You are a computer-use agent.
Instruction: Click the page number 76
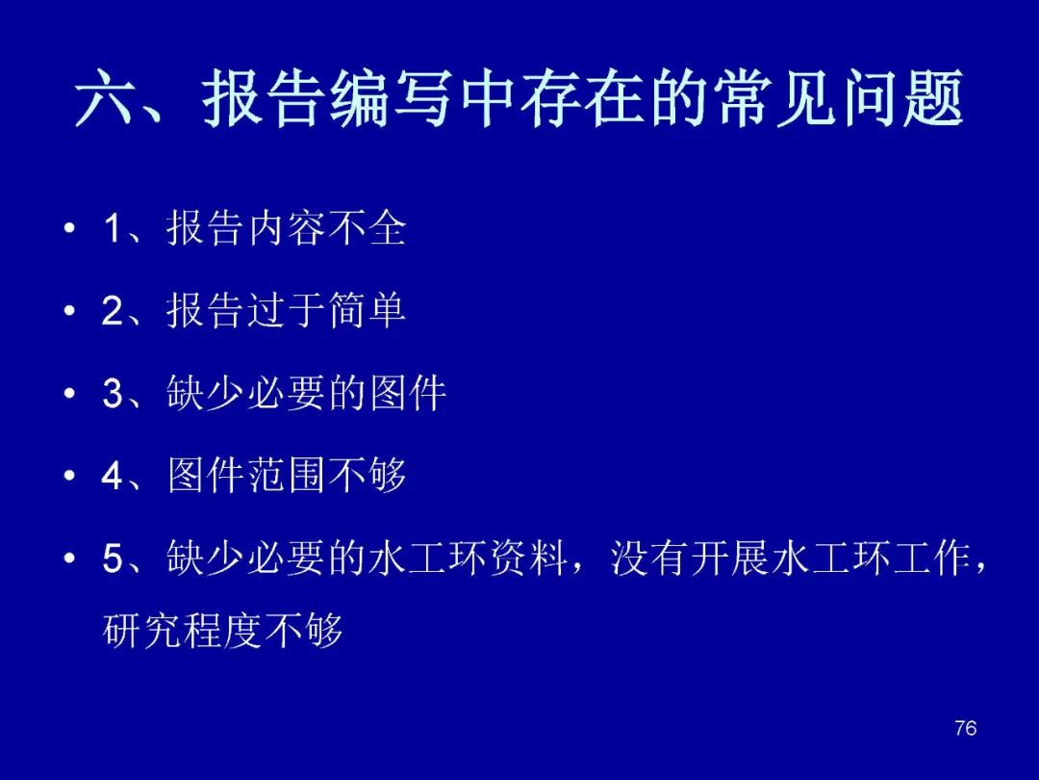tap(966, 728)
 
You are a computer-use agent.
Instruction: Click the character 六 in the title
tap(102, 98)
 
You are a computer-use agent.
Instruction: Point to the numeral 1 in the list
tap(114, 229)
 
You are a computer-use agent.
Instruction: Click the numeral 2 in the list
tap(113, 310)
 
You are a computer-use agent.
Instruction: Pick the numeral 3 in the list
tap(113, 393)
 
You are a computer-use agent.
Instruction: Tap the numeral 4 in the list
tap(113, 475)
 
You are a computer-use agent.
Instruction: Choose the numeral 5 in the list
tap(113, 558)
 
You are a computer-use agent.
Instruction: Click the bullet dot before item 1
tap(69, 229)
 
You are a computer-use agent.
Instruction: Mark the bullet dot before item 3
tap(69, 393)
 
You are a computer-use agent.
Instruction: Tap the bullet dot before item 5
tap(69, 558)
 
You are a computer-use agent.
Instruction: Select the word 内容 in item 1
tap(287, 228)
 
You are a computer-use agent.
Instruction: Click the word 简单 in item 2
tap(367, 310)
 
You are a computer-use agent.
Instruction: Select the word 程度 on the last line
tap(222, 630)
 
